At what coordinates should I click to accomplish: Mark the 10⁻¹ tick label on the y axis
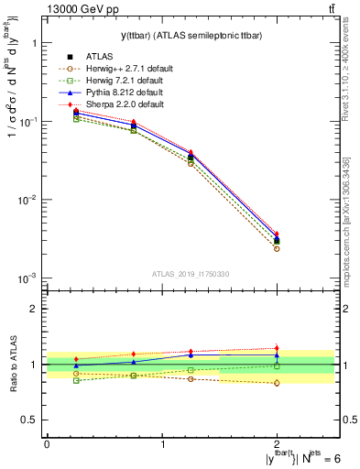(27, 121)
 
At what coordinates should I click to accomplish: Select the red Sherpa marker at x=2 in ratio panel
(277, 348)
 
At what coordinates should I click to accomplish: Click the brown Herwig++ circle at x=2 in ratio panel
(277, 383)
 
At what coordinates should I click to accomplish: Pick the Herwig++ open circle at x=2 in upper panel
(277, 248)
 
